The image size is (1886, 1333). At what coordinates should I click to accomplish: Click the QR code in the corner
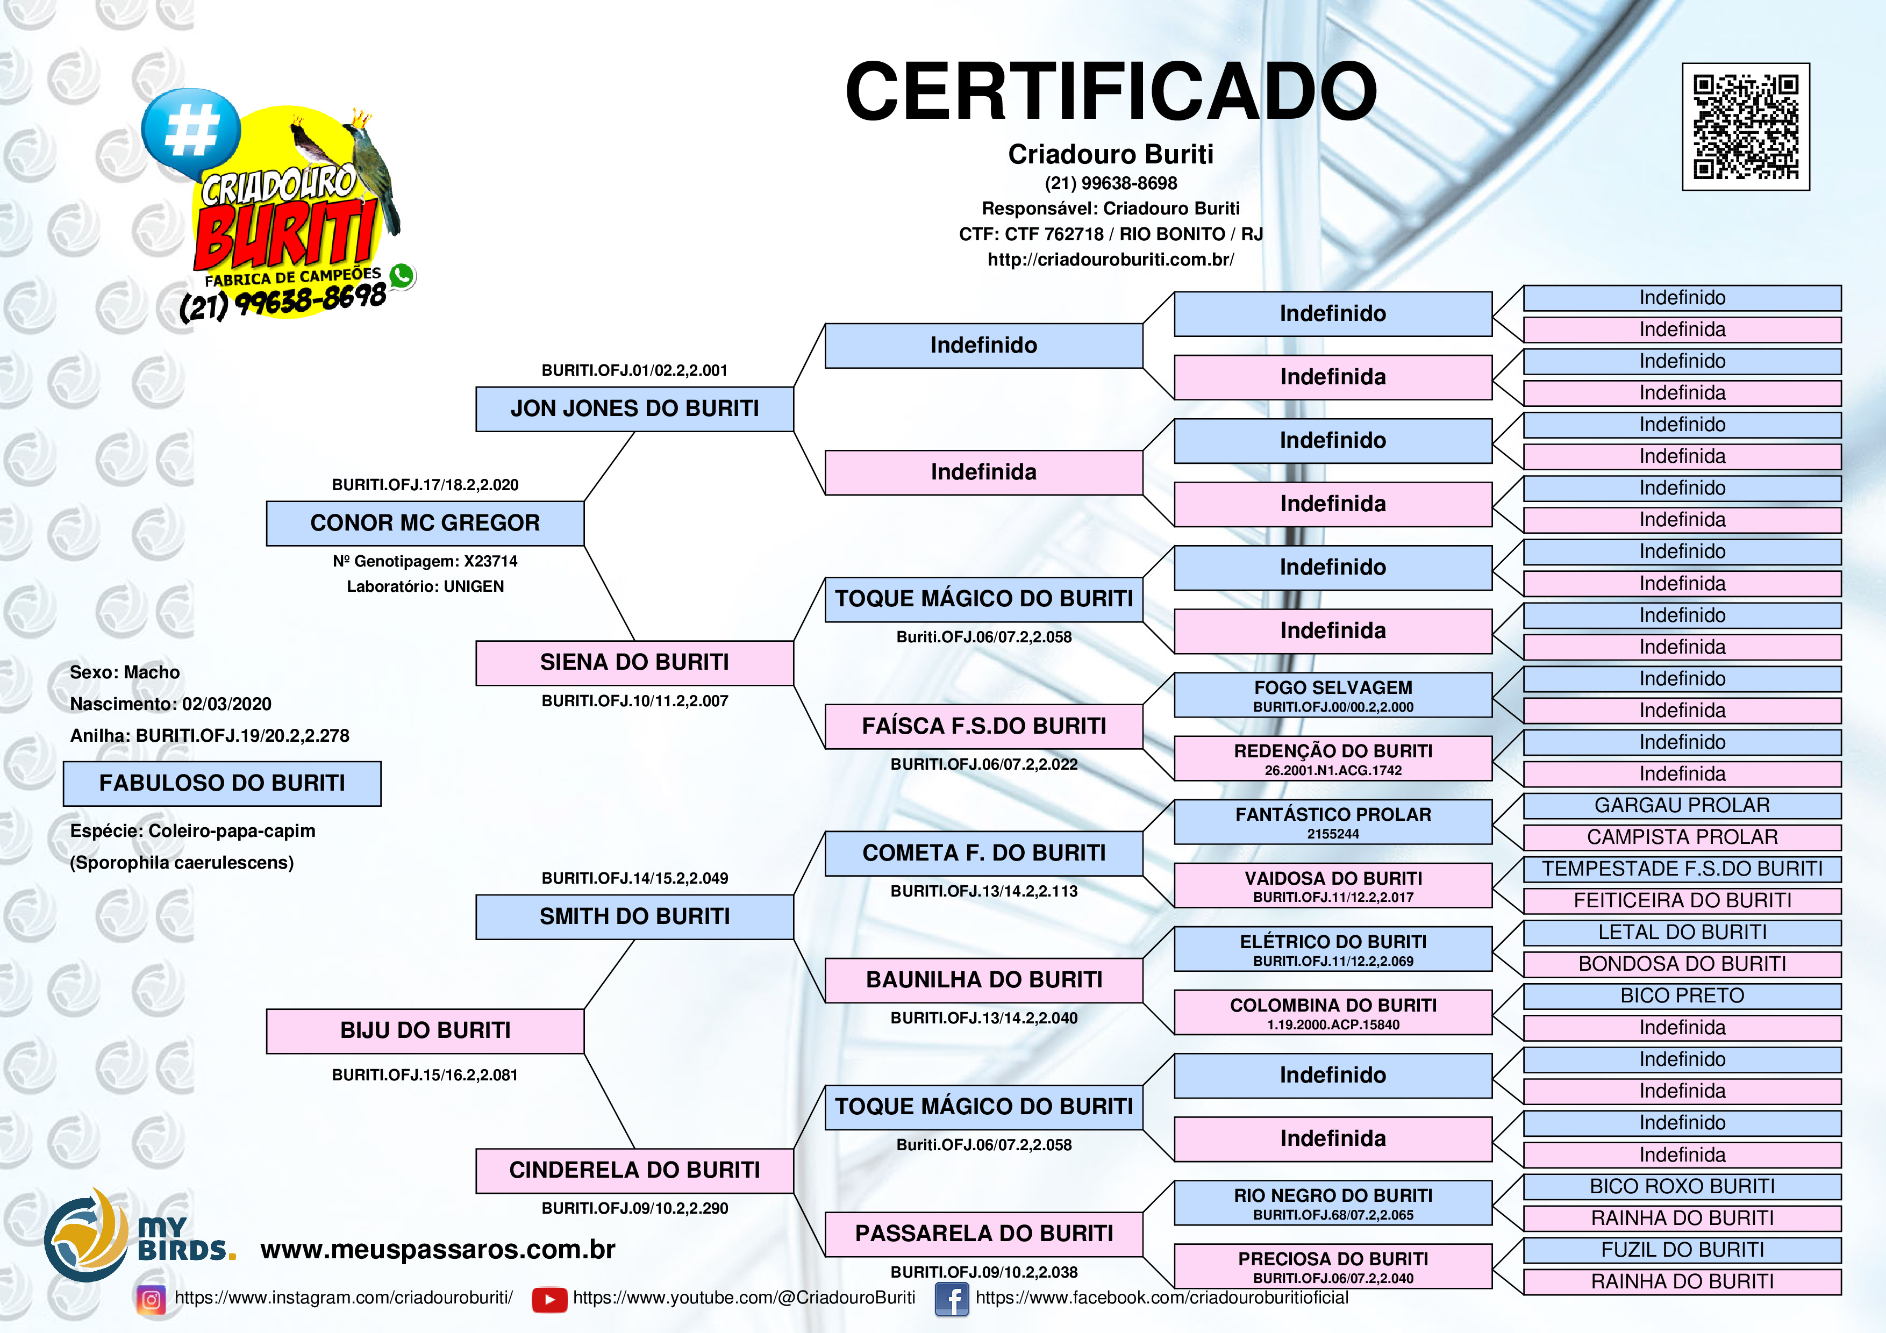(1746, 126)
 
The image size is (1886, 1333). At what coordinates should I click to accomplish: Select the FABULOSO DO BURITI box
(222, 783)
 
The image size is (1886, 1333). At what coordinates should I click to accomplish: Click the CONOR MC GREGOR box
(425, 523)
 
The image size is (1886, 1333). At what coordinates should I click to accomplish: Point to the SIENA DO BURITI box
(634, 663)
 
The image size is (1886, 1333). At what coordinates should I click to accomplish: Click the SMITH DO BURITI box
(634, 916)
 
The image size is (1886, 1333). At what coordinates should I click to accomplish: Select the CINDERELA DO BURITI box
(634, 1170)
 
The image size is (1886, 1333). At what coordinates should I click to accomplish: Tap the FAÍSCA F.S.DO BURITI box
(983, 726)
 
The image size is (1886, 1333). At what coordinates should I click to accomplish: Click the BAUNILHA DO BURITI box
(983, 980)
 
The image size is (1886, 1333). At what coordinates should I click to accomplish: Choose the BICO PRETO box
(1682, 995)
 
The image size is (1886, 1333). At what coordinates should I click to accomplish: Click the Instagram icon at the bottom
(151, 1299)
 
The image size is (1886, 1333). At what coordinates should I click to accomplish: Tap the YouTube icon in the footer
(549, 1299)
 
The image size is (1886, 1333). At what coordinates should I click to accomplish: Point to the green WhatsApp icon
(402, 276)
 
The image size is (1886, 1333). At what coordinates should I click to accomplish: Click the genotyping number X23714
(490, 562)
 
